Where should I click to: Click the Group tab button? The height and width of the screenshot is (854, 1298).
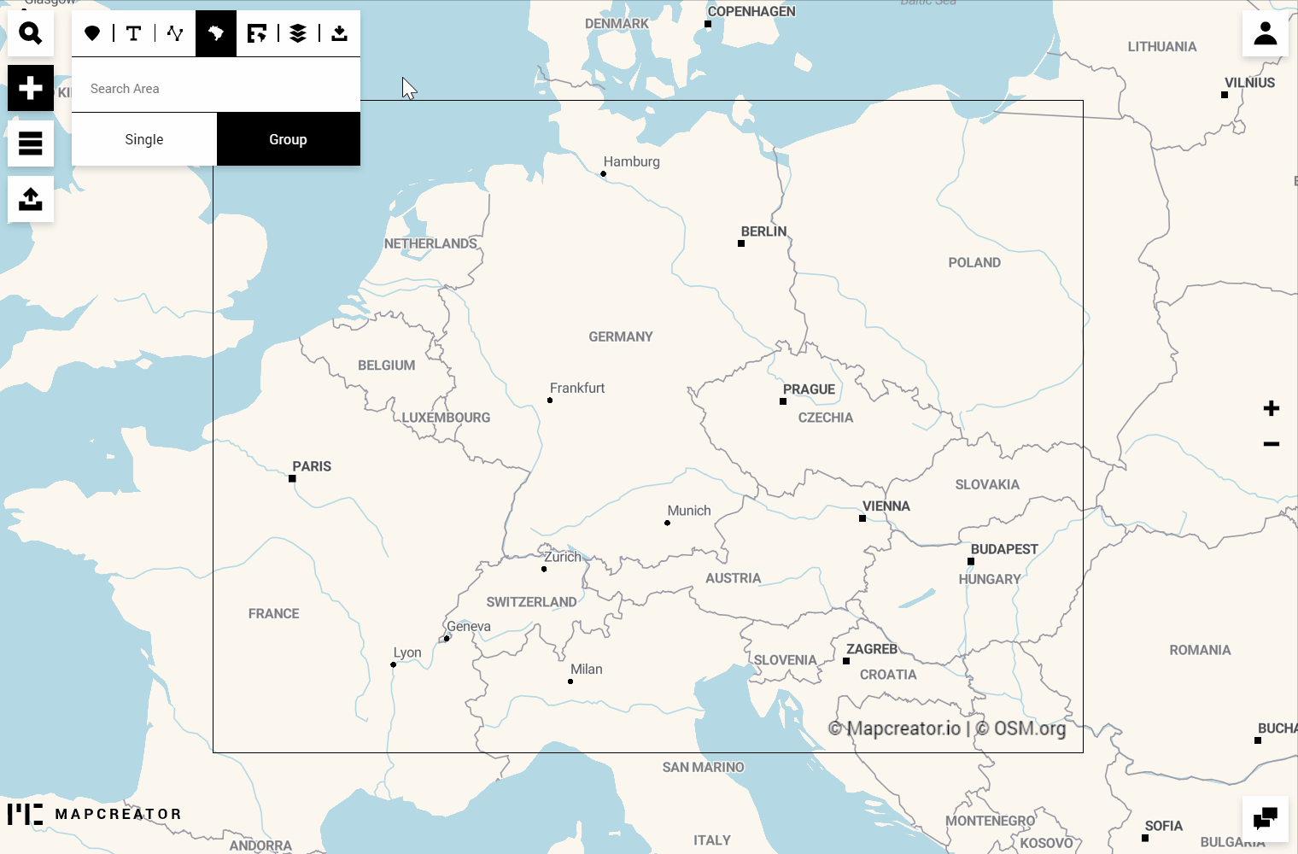[289, 139]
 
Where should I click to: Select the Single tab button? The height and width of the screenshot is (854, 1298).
[144, 139]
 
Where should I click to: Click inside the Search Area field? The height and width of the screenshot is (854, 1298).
[215, 89]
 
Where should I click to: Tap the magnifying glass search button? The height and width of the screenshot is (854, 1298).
[31, 33]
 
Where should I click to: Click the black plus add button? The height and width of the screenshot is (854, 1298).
[31, 88]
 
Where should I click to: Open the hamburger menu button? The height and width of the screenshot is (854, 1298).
[31, 143]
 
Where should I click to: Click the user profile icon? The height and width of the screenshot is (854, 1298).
[1265, 33]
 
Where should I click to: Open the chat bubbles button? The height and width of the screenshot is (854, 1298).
[1265, 819]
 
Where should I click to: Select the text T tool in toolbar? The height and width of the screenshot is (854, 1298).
[133, 33]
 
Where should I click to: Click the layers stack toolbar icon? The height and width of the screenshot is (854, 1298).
[298, 33]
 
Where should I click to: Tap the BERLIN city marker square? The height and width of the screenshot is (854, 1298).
[741, 243]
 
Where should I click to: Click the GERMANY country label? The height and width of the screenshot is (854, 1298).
[621, 337]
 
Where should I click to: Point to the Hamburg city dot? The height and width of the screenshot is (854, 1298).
[604, 174]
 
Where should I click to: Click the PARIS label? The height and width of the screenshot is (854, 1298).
[312, 466]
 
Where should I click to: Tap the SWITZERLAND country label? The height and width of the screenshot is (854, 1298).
[531, 602]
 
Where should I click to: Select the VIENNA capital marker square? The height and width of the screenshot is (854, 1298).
[862, 518]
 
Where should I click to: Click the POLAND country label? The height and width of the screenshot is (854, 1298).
[974, 263]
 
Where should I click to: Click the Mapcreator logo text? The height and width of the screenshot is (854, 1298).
[118, 814]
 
